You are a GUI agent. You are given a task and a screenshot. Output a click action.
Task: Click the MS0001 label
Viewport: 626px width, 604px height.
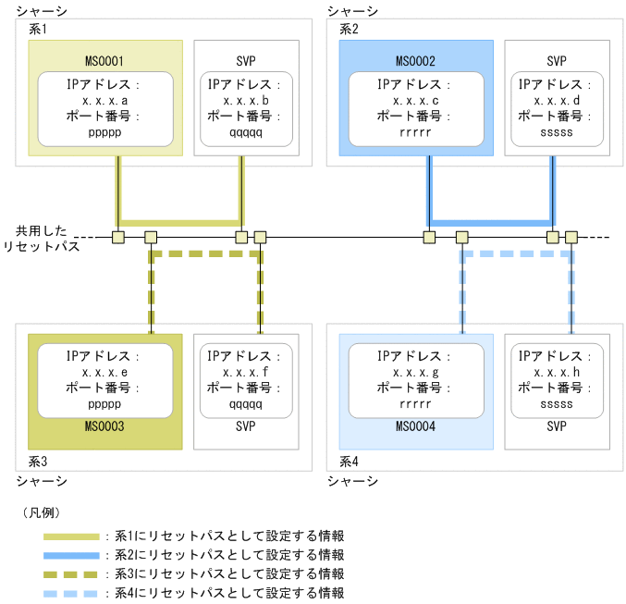104,61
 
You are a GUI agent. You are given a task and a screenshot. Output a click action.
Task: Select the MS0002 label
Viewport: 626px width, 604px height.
415,61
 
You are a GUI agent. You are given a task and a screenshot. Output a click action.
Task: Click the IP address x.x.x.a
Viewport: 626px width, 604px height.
104,100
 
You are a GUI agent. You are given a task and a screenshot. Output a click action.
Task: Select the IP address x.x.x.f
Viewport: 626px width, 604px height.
246,372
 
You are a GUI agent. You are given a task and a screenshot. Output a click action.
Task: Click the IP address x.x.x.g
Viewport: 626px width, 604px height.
415,372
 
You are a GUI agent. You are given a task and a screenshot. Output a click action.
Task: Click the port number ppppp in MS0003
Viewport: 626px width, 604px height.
104,404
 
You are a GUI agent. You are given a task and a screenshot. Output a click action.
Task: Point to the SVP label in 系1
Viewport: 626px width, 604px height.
246,61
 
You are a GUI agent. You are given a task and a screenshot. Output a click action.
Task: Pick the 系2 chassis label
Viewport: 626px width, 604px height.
349,29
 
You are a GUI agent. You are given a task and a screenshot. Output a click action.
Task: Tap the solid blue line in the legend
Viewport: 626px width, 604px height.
71,555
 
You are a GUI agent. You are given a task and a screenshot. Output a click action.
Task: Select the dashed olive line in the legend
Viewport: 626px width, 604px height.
71,574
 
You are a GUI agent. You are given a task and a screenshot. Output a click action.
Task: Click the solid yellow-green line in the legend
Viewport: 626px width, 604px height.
71,536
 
